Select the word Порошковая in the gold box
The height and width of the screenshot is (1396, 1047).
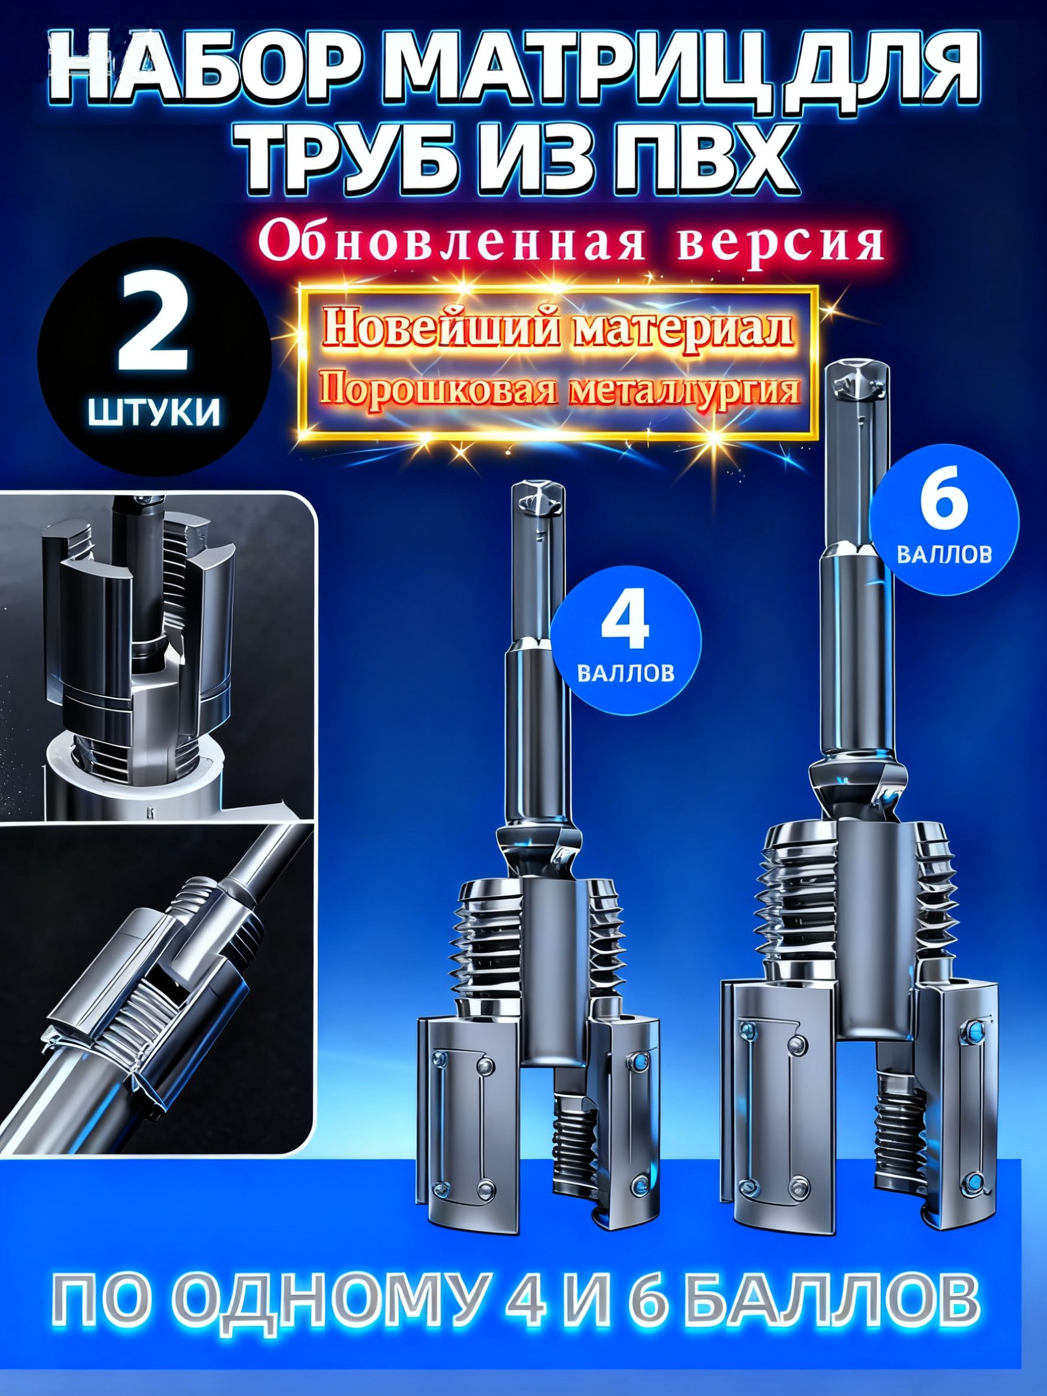(442, 390)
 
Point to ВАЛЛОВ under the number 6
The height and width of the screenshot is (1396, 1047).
(943, 555)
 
